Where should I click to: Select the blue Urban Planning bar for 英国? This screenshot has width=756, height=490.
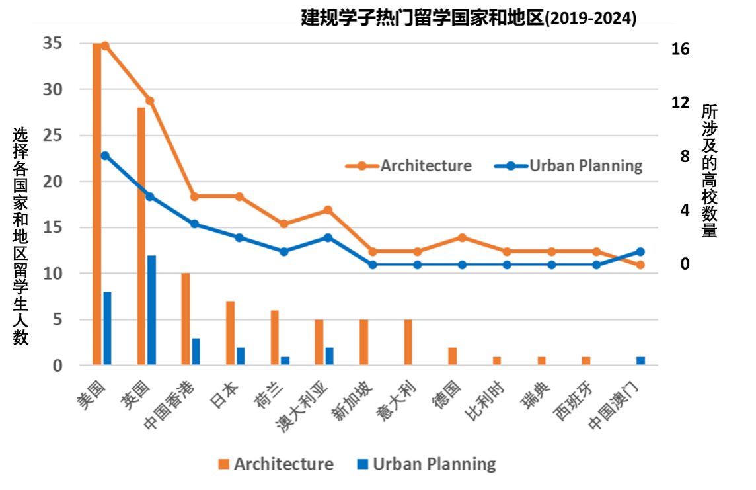151,310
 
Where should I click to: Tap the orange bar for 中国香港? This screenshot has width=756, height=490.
186,319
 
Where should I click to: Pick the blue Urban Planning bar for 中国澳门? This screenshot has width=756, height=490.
640,361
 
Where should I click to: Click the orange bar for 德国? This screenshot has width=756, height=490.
453,356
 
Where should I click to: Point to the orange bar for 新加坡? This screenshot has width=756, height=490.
363,343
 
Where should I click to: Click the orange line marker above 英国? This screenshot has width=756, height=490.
150,101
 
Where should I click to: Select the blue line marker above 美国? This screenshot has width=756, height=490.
105,155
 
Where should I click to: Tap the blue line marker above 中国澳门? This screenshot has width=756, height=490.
640,251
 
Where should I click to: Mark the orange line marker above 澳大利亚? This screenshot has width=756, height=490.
328,210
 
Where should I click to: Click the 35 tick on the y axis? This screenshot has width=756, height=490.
53,44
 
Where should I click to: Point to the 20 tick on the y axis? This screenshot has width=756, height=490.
53,181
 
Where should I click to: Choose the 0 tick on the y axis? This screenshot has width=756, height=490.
57,366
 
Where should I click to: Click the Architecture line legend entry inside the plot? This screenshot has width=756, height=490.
410,165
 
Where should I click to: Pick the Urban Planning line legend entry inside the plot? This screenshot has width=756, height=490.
569,165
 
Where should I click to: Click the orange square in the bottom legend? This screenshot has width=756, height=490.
224,464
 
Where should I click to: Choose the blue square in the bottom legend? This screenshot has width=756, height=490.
363,464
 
